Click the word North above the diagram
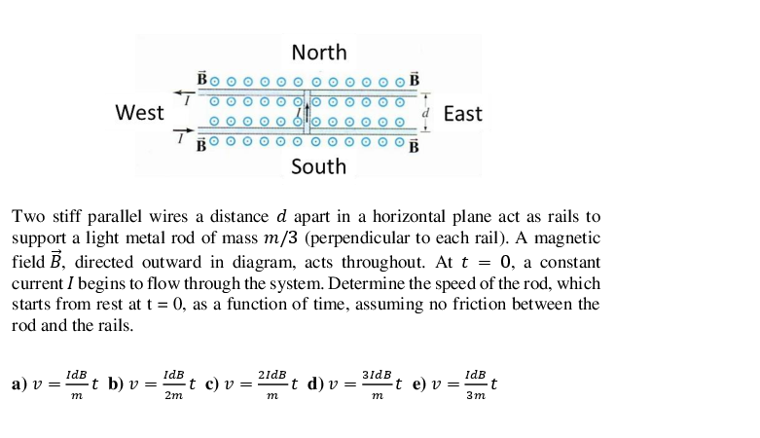click(318, 53)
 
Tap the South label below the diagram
click(318, 166)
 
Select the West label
click(139, 113)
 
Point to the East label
click(462, 114)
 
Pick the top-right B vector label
click(415, 78)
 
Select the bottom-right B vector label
click(415, 147)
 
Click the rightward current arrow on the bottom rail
click(183, 131)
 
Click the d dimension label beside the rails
click(425, 112)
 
